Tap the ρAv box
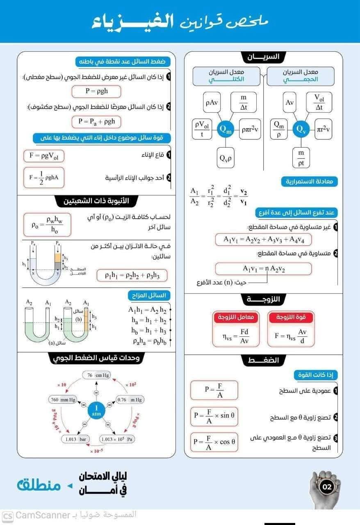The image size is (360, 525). tap(212, 103)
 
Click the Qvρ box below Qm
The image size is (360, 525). tap(226, 157)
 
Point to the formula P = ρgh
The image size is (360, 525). tap(96, 91)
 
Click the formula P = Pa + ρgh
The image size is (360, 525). tap(97, 121)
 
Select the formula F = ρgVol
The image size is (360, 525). tap(44, 156)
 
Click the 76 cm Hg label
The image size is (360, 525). tap(96, 375)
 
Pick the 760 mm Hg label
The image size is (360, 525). tap(63, 399)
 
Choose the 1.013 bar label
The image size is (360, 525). tap(75, 439)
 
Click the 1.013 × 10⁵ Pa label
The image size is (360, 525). tap(118, 439)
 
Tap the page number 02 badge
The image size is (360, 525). tap(327, 487)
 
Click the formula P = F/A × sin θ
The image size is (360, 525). tap(214, 417)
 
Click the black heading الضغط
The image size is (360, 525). tap(263, 361)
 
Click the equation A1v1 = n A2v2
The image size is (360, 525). tap(263, 269)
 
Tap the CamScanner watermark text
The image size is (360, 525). tap(41, 515)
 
